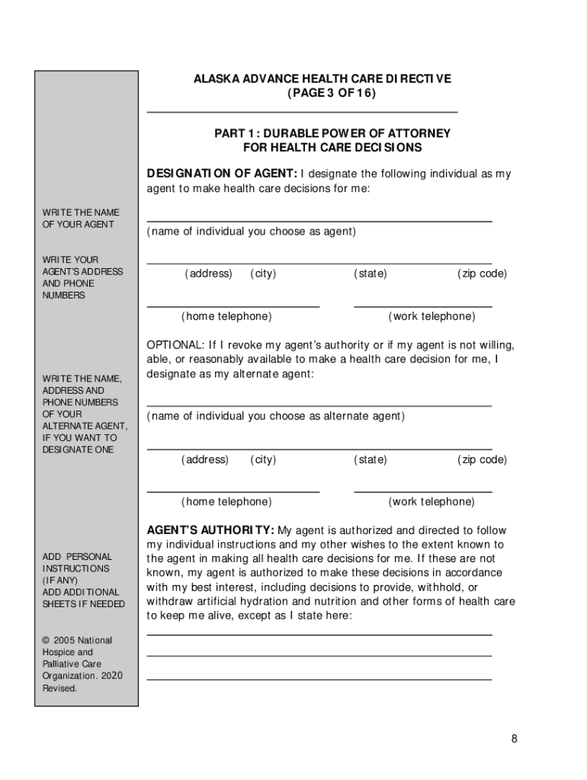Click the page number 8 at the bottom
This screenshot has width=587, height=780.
515,739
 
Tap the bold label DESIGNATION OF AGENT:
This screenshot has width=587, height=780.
222,174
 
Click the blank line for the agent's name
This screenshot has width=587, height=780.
319,219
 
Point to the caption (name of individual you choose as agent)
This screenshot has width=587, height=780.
251,232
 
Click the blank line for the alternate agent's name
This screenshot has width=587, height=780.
319,404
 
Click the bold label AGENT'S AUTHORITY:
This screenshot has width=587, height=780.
210,530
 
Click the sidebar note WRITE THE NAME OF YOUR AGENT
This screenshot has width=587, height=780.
81,219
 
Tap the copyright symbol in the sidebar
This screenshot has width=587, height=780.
46,641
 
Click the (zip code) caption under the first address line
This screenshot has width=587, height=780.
482,273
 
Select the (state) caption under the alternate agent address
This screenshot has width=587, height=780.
370,459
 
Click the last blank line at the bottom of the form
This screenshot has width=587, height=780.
319,678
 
